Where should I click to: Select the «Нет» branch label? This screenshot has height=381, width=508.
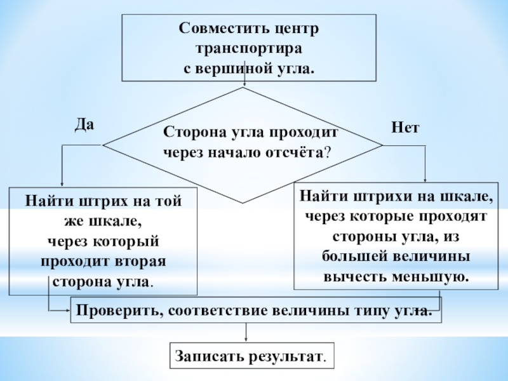click(x=405, y=127)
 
